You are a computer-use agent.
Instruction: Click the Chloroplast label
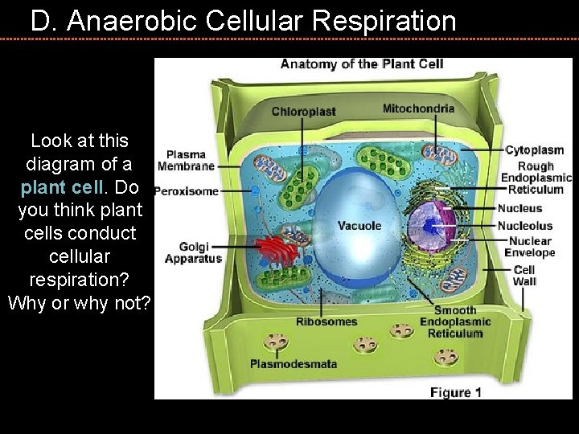click(x=303, y=112)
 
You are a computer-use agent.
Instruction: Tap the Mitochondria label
click(x=418, y=108)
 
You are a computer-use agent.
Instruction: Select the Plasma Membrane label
click(x=186, y=160)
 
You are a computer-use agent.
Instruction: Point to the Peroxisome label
click(x=186, y=191)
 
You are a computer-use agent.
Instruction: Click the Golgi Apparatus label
click(x=193, y=252)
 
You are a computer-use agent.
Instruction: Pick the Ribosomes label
click(x=326, y=322)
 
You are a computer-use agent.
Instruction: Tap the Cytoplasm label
click(x=534, y=150)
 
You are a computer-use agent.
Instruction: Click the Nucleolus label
click(x=524, y=226)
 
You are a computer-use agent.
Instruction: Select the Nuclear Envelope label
click(x=529, y=247)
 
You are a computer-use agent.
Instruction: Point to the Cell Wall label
click(x=524, y=276)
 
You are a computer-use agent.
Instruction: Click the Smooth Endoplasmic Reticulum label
click(x=454, y=321)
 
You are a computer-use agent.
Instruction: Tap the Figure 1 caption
click(x=455, y=392)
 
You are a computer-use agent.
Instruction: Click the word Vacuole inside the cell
click(x=359, y=226)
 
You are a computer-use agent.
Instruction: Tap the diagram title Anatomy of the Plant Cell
click(x=362, y=64)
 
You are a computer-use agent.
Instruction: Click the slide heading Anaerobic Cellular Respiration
click(x=243, y=21)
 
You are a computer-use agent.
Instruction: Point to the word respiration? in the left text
click(x=79, y=280)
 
